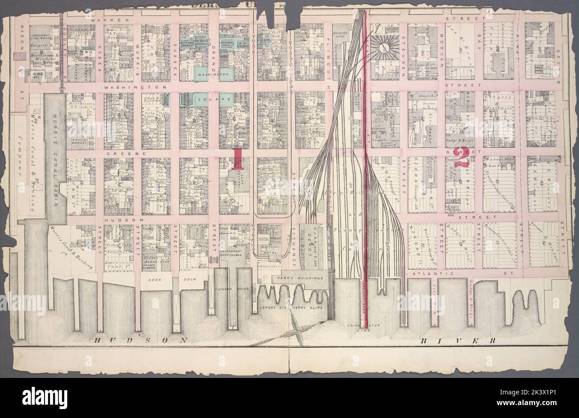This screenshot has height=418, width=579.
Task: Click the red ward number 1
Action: click(x=237, y=158)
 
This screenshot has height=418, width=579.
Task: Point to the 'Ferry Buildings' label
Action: click(x=300, y=278)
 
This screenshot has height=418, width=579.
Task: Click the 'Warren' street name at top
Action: click(x=109, y=20)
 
